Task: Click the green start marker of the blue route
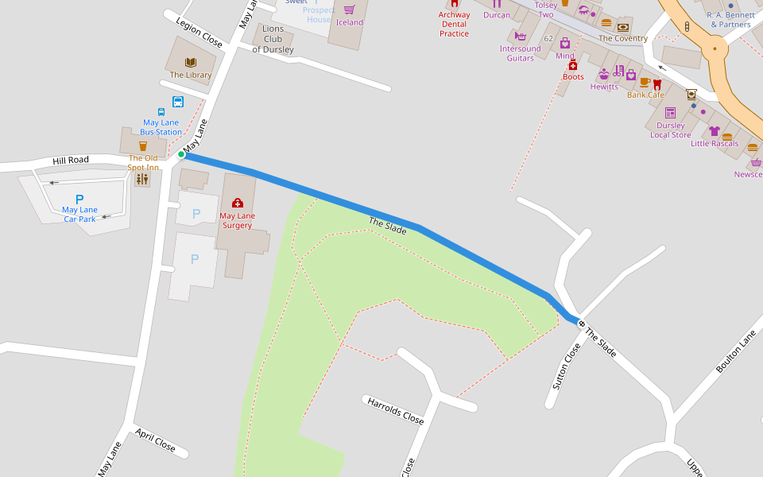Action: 181,154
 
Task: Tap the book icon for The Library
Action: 191,62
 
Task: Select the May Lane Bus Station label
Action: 161,127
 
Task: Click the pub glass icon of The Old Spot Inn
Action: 143,145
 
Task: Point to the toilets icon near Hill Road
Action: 142,180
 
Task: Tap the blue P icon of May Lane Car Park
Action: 79,199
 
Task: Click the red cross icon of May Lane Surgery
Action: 237,204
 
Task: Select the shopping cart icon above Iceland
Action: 349,10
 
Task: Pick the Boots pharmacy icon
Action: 572,65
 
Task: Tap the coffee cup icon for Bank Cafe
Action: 645,83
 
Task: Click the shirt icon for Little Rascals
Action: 714,131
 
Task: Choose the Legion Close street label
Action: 199,33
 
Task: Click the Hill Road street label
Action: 71,161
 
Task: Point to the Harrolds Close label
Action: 395,410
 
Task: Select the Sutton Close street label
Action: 562,366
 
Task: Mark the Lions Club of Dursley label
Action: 273,39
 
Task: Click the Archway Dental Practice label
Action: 454,24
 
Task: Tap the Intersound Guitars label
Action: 521,53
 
